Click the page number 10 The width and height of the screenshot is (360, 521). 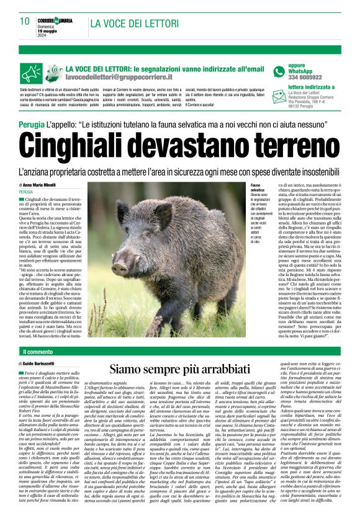(24, 21)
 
